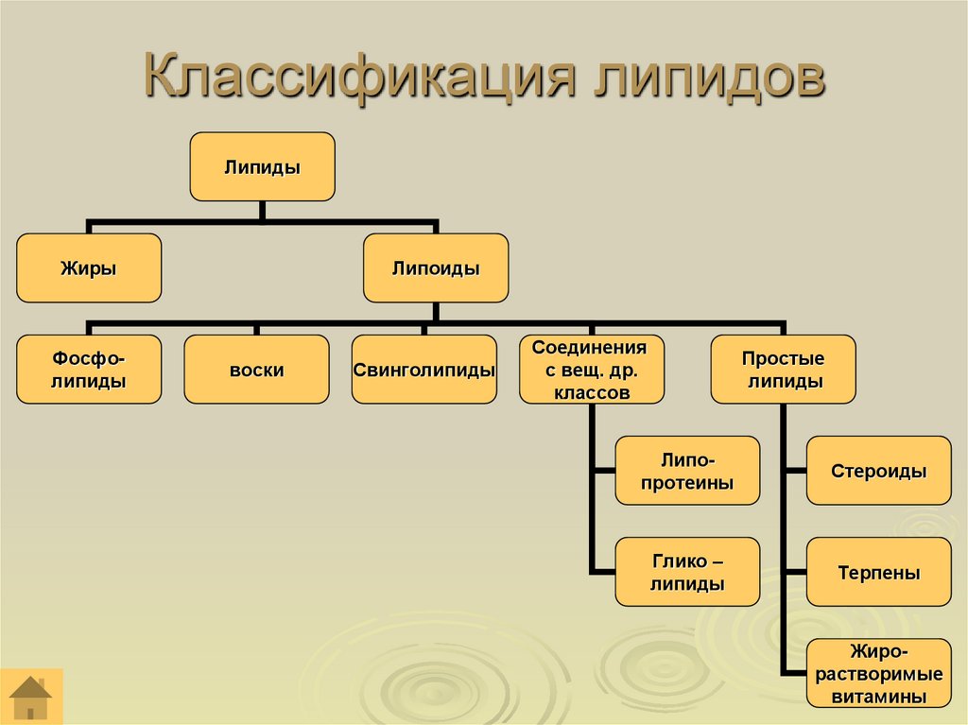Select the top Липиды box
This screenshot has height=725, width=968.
coord(262,166)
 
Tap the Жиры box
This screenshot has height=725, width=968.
coord(89,268)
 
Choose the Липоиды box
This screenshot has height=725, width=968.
coord(436,268)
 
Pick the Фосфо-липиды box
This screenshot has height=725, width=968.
coord(89,370)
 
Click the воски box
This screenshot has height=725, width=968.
coord(256,370)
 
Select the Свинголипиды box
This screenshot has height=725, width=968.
coord(424,370)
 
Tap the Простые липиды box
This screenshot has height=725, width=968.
coord(784,370)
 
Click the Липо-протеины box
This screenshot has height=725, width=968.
coord(687,471)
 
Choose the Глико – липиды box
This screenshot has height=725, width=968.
coord(687,572)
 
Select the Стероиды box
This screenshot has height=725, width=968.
coord(879,471)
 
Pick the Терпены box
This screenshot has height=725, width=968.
coord(879,572)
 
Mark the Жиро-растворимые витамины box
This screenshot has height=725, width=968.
coord(879,673)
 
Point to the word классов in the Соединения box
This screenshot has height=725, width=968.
coord(589,392)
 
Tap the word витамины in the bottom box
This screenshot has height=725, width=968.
coord(879,697)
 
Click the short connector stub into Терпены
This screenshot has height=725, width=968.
coord(795,572)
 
